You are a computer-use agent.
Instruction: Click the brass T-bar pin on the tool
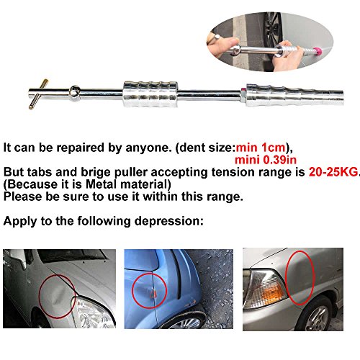click(38, 94)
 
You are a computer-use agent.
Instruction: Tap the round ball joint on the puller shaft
click(75, 91)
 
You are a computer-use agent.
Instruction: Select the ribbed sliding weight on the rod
click(150, 94)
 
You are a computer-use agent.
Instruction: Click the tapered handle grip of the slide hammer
click(294, 95)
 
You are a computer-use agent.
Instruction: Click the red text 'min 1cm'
click(261, 148)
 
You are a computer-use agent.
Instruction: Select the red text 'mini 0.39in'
click(266, 160)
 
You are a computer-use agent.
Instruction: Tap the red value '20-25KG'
click(333, 172)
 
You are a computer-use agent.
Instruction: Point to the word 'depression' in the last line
click(167, 221)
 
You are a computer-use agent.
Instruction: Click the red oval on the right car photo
click(300, 278)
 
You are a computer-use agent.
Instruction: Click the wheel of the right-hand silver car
click(317, 315)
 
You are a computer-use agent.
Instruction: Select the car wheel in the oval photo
click(274, 30)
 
